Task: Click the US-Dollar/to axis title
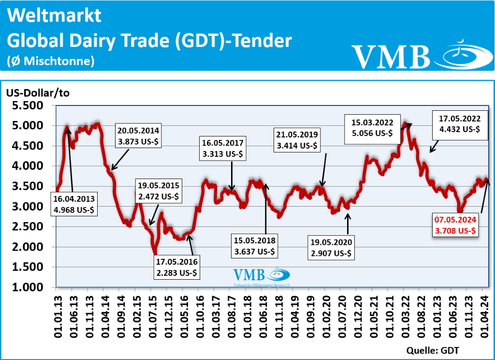coord(38,93)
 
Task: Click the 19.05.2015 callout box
coord(160,190)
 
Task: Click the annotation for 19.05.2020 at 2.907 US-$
coord(331,247)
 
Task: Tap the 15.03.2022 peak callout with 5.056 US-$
coord(369,128)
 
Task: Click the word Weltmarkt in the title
coord(55,15)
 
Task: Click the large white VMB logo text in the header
coord(391,57)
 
